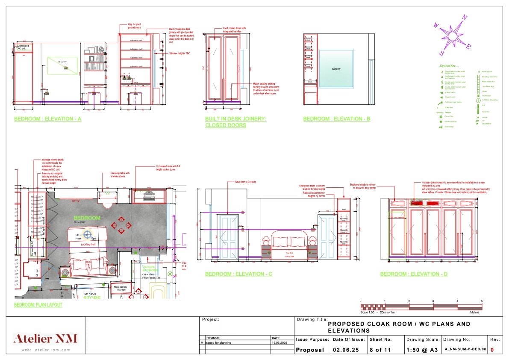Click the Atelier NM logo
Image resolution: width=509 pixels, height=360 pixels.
coord(46,339)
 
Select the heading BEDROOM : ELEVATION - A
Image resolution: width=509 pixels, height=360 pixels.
coord(47,119)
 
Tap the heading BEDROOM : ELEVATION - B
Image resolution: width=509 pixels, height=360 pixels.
coord(336,119)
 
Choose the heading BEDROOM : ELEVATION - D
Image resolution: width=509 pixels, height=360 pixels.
coord(414,274)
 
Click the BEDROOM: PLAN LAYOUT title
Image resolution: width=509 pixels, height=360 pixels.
coord(38,305)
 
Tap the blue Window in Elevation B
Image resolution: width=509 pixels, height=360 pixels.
coord(336,68)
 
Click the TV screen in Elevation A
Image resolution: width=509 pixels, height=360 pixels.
coord(62,65)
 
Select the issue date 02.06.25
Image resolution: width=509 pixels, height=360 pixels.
coord(343,349)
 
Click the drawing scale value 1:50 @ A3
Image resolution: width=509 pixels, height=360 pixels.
coord(422,349)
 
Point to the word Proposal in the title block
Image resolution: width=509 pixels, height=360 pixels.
coord(310,349)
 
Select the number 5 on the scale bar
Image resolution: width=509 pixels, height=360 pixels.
coord(482,301)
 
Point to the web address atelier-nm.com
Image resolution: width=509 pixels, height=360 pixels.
coord(46,350)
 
